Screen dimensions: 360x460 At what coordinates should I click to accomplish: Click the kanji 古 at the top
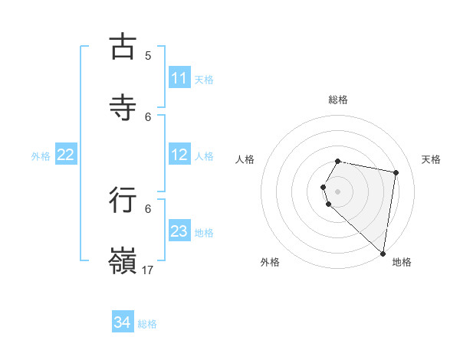[x=123, y=47]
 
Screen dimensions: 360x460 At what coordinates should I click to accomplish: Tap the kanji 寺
[x=123, y=107]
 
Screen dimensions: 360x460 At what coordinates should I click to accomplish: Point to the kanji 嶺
[x=123, y=260]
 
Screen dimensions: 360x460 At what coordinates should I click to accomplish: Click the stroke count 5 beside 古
[x=148, y=55]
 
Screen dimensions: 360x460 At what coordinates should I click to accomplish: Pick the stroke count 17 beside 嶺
[x=148, y=270]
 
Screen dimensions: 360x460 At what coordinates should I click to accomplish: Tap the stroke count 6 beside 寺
[x=148, y=116]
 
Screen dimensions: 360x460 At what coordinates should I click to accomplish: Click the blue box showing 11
[x=179, y=78]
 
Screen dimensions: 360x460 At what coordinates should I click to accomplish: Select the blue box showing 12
[x=179, y=155]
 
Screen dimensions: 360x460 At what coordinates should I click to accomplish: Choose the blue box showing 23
[x=179, y=231]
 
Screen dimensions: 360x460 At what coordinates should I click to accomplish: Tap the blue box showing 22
[x=66, y=155]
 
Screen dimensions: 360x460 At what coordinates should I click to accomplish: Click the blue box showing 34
[x=123, y=322]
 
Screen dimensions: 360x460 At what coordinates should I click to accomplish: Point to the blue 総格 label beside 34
[x=147, y=324]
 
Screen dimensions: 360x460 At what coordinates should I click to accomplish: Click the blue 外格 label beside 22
[x=41, y=156]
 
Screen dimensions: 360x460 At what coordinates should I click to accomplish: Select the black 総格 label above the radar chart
[x=337, y=100]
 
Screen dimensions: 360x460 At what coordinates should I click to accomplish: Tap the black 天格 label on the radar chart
[x=431, y=159]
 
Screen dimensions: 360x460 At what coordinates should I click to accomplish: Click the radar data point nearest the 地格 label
[x=383, y=253]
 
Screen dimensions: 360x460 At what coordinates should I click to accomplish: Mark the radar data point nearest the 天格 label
[x=396, y=173]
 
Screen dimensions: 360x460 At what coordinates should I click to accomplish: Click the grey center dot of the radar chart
[x=337, y=191]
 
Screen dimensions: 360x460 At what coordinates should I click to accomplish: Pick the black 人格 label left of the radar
[x=245, y=159]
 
